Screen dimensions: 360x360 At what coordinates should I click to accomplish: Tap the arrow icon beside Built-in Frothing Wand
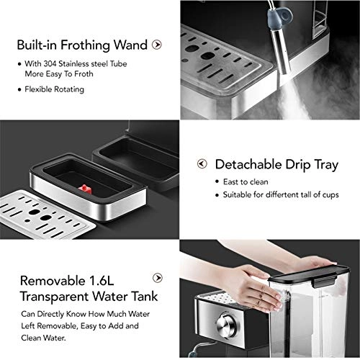tap(157, 45)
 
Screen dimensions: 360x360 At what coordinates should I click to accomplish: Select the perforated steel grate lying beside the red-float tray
tap(43, 212)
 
